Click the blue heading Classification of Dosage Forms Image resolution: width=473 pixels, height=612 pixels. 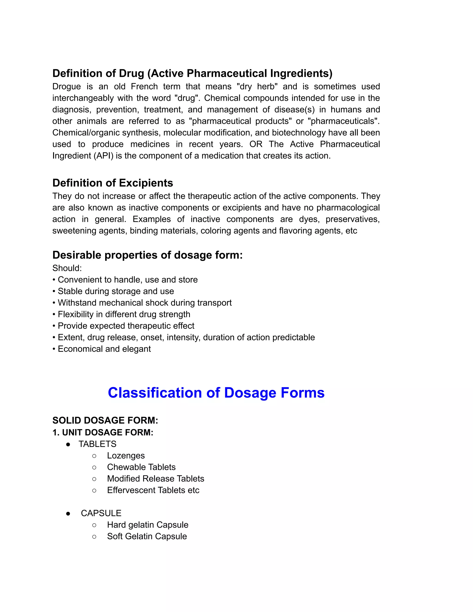(x=216, y=393)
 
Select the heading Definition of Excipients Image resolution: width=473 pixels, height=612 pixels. (x=113, y=183)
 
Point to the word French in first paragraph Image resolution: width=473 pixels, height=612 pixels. (x=144, y=87)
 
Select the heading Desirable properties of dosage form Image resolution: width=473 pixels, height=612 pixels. (x=147, y=255)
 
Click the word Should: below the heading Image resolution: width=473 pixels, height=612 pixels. (x=67, y=268)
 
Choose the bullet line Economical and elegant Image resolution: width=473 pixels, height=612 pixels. (x=104, y=349)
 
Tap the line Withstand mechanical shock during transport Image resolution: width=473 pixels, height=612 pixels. (x=145, y=303)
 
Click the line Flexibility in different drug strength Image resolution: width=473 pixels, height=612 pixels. (x=124, y=314)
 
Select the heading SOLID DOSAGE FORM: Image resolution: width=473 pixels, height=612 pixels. (x=105, y=420)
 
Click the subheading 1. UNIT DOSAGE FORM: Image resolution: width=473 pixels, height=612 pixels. (x=103, y=432)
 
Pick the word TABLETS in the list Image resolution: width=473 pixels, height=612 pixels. (x=97, y=444)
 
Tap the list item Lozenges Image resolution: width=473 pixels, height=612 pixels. (x=126, y=456)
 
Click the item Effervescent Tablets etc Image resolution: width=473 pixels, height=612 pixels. (x=153, y=490)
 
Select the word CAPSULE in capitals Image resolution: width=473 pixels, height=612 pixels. (x=101, y=513)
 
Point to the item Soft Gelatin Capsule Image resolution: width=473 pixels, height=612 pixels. (x=147, y=536)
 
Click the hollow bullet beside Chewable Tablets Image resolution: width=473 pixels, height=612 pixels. (x=94, y=467)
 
